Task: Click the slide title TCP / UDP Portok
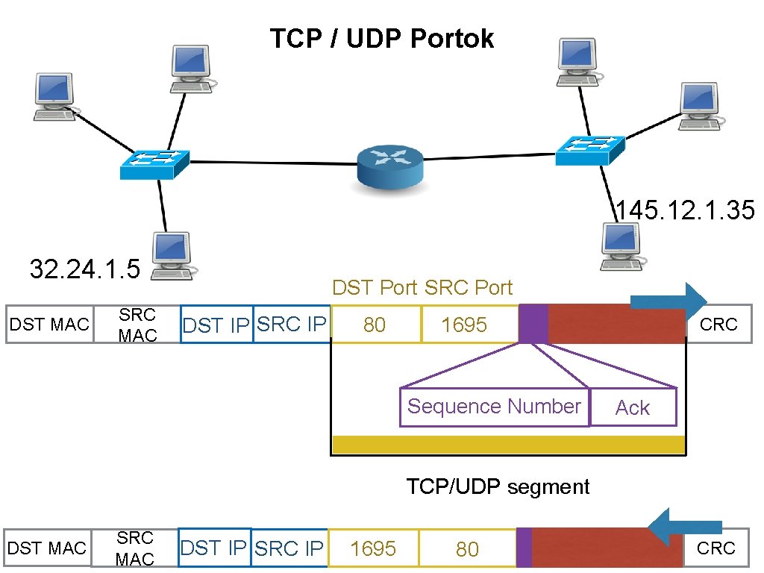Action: (x=381, y=39)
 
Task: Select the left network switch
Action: (x=155, y=164)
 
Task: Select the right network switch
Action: (x=589, y=150)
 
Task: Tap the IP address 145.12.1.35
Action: (x=685, y=210)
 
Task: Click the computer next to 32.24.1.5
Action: (x=174, y=256)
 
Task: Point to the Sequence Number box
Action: (x=494, y=407)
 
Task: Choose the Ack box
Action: (x=633, y=407)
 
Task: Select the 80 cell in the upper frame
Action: (x=375, y=325)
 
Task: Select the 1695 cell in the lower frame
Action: (x=372, y=549)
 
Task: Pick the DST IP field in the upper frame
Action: (x=216, y=325)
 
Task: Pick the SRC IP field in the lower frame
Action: (x=289, y=549)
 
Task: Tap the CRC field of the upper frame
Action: (x=718, y=325)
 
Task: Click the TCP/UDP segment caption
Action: (x=498, y=487)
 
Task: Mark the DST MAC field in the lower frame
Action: (x=46, y=549)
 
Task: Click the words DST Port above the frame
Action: (x=375, y=288)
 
